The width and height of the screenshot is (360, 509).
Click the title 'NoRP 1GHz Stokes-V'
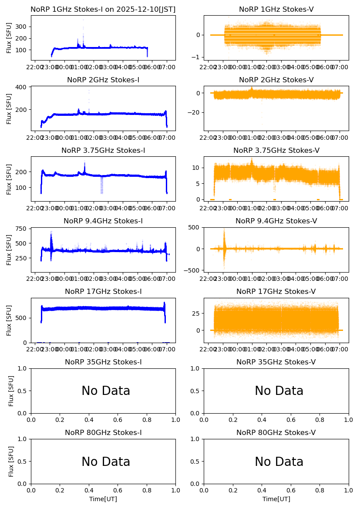pyautogui.click(x=276, y=10)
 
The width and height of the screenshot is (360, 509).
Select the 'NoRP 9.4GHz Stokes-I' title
pyautogui.click(x=103, y=221)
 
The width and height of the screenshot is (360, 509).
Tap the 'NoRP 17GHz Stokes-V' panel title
pyautogui.click(x=276, y=292)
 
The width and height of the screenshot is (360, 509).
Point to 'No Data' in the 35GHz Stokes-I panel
pyautogui.click(x=106, y=391)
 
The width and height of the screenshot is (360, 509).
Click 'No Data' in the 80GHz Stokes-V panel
pyautogui.click(x=279, y=462)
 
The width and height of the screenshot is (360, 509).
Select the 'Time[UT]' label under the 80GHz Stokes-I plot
pyautogui.click(x=103, y=499)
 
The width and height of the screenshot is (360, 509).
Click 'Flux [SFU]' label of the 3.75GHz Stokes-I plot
pyautogui.click(x=10, y=179)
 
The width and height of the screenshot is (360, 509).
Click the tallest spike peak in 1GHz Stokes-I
pyautogui.click(x=83, y=20)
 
